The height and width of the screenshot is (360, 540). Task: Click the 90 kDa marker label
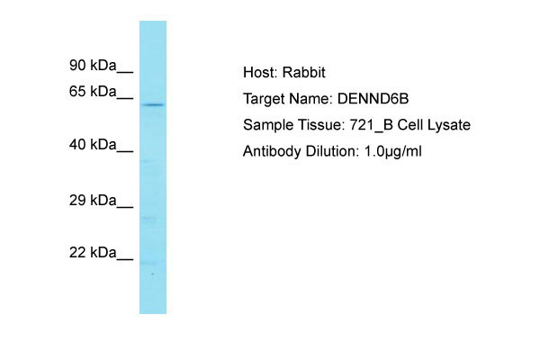pos(93,65)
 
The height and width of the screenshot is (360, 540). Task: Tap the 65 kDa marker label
pos(93,91)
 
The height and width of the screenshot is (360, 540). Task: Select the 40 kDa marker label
pos(93,144)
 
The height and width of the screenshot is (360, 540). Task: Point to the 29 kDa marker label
pos(93,200)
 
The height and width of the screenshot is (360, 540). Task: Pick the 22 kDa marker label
pos(93,253)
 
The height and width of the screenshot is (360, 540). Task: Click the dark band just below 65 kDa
pos(153,104)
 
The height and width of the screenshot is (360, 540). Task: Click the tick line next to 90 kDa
pos(125,72)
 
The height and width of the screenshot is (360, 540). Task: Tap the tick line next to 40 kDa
pos(125,151)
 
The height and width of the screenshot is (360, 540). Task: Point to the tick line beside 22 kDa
pos(125,259)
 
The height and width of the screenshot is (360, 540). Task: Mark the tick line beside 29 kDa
pos(125,207)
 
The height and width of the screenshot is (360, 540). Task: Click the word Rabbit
pos(303,72)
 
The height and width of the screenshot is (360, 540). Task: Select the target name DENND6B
pos(373,99)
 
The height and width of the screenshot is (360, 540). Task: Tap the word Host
pos(260,72)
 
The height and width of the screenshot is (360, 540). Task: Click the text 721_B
pos(371,125)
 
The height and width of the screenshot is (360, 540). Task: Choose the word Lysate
pos(449,125)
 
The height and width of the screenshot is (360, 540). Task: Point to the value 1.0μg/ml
pos(393,151)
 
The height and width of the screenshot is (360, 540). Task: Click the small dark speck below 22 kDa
pos(152,274)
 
